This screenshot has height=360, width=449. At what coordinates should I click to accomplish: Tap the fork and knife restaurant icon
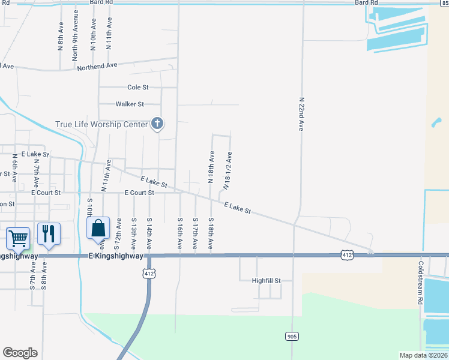[49, 233]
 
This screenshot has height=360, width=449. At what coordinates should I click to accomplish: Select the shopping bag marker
[98, 229]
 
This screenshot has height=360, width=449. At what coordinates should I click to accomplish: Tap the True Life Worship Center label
[101, 125]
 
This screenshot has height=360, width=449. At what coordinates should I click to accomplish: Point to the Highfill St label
[258, 280]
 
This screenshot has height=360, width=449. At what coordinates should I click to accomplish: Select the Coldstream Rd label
[421, 283]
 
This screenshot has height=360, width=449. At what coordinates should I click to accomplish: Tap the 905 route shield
[292, 337]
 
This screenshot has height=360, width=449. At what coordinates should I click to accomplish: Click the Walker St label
[130, 104]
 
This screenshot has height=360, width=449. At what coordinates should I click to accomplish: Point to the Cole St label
[137, 87]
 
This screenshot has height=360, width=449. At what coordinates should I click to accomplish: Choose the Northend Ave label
[97, 66]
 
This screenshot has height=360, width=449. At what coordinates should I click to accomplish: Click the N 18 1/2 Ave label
[228, 171]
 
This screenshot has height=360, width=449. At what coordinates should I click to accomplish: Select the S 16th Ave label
[179, 234]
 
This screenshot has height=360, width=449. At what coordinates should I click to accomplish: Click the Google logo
[20, 353]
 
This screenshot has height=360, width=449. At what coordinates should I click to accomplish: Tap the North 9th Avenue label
[75, 40]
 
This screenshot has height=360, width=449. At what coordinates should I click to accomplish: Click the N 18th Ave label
[211, 166]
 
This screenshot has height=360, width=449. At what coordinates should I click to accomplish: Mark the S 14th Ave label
[149, 233]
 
